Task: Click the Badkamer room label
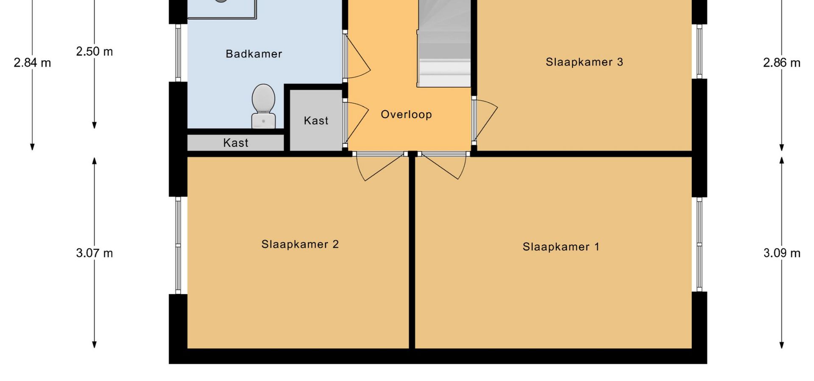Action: pos(254,54)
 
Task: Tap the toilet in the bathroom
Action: pos(263,106)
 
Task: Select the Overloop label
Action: pos(406,114)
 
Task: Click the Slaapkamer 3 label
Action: pos(584,62)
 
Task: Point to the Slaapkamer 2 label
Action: pos(300,244)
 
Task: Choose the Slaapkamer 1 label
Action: pos(561,247)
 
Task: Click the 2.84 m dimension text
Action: pos(32,63)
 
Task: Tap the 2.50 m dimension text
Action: pos(95,51)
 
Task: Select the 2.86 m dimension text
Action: pos(782,63)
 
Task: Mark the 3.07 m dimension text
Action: pos(95,253)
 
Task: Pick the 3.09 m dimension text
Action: pos(782,253)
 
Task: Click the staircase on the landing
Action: pos(444,44)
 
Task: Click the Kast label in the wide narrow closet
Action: pos(236,143)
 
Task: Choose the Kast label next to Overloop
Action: pos(316,121)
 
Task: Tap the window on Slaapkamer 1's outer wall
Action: pos(700,244)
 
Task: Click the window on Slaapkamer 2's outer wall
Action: pos(178,245)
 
